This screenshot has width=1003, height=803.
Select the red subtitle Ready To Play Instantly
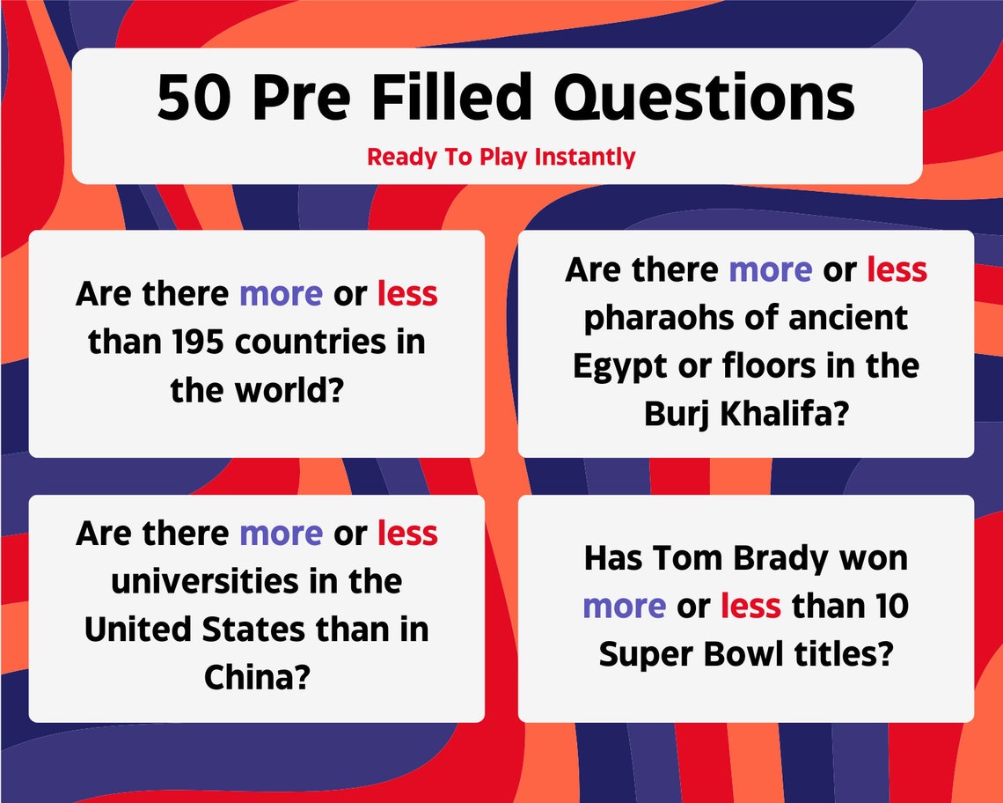click(x=501, y=158)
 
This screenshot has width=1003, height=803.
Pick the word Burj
click(x=677, y=415)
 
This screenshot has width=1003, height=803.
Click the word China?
click(x=256, y=677)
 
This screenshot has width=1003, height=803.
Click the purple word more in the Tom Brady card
click(x=624, y=606)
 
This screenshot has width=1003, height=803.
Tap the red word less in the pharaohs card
click(x=897, y=270)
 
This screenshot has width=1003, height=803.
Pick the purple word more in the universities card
click(x=281, y=534)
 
